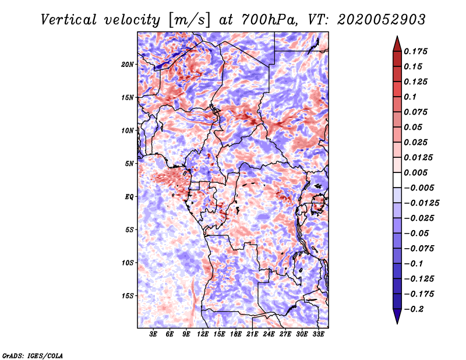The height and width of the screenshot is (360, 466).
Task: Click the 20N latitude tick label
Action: pyautogui.click(x=128, y=64)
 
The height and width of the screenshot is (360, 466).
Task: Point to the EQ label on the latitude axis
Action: pyautogui.click(x=129, y=197)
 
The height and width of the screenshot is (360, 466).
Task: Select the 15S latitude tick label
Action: pyautogui.click(x=128, y=296)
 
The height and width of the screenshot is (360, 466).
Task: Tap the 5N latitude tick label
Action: pyautogui.click(x=129, y=164)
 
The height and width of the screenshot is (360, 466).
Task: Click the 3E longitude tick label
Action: pyautogui.click(x=154, y=334)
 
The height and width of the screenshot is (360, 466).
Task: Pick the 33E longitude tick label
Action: pyautogui.click(x=318, y=334)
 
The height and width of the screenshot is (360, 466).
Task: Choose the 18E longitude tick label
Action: pyautogui.click(x=236, y=334)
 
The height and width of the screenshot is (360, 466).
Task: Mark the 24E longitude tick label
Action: pyautogui.click(x=269, y=334)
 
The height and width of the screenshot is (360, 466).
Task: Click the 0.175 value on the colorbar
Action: pyautogui.click(x=417, y=51)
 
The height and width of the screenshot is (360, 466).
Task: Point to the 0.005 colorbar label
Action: pyautogui.click(x=417, y=172)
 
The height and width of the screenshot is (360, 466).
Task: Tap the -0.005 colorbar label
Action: pyautogui.click(x=419, y=188)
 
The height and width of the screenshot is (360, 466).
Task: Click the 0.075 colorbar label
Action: pyautogui.click(x=417, y=112)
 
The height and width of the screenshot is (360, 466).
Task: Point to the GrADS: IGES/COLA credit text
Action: pyautogui.click(x=33, y=355)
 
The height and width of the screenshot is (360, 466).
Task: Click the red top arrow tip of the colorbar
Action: pyautogui.click(x=397, y=40)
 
